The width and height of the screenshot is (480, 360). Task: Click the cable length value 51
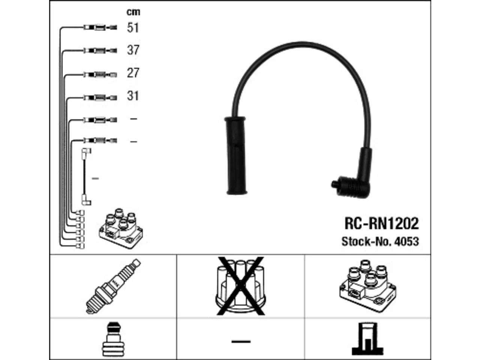point(133,28)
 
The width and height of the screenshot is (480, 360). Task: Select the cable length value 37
point(133,50)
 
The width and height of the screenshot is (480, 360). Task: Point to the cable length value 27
point(133,73)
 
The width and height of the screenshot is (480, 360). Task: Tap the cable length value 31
point(133,96)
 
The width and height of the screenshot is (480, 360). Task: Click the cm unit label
point(133,12)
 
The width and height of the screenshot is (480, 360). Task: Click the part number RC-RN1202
point(382,223)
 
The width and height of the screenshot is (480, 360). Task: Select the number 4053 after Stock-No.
point(406,241)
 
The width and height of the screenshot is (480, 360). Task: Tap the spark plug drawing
point(113,286)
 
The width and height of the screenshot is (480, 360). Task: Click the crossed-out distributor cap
point(240,286)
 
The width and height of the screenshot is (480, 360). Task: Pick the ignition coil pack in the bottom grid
point(368,286)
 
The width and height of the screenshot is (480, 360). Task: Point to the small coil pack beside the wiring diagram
point(121,228)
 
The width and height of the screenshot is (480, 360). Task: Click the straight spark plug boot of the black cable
point(235,156)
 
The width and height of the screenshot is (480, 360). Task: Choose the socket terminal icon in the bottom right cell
point(367,339)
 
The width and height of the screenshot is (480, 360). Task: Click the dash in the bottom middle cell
point(241,341)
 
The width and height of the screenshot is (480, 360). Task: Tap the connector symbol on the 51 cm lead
point(100,28)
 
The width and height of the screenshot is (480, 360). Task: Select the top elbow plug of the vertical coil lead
point(86,153)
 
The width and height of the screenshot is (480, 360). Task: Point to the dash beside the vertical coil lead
point(95,178)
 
